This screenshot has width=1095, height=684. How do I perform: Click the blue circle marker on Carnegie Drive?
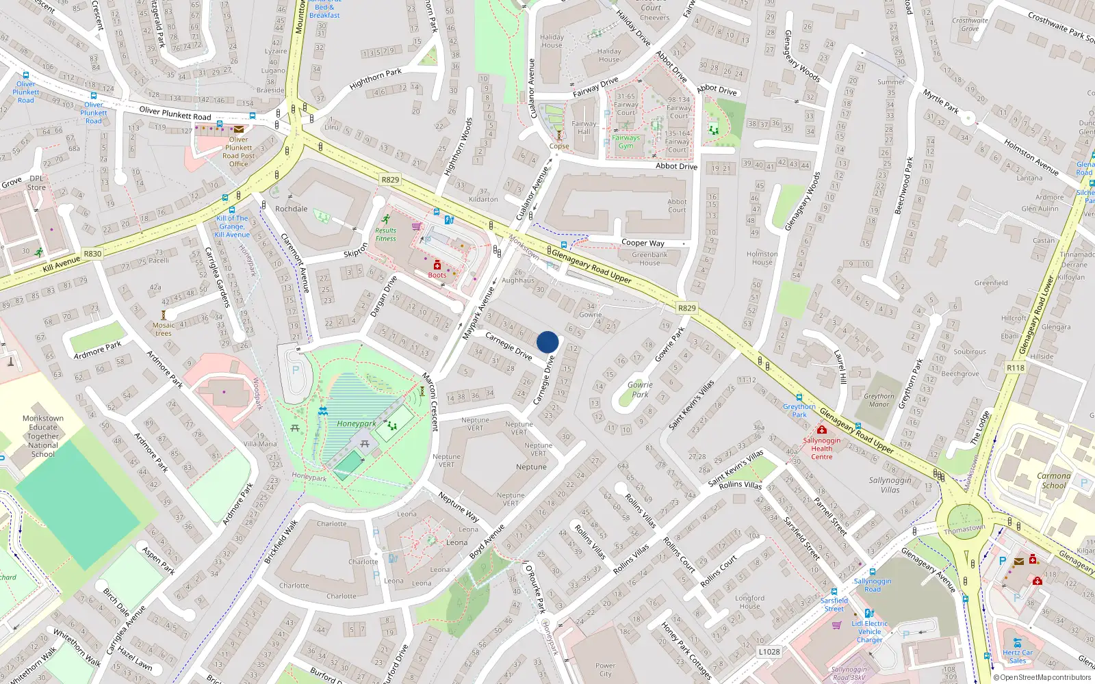tap(547, 342)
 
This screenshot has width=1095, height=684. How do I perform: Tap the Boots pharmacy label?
tap(437, 275)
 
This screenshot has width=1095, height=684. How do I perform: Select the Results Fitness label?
tap(385, 235)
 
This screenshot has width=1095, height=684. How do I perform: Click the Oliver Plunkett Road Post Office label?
tap(238, 152)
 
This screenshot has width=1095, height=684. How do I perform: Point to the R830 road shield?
tap(92, 254)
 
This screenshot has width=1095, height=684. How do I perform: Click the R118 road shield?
tap(1016, 368)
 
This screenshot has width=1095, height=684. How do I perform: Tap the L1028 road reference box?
tap(769, 652)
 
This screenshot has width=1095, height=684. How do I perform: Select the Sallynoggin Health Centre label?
tap(821, 449)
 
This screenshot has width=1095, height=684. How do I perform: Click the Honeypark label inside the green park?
tap(356, 424)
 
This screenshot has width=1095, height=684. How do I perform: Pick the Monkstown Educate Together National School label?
tap(43, 436)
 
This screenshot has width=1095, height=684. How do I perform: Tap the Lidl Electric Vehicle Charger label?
tap(869, 632)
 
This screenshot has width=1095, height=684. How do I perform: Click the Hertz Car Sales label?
tap(1018, 657)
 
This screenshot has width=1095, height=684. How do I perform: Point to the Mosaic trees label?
tap(164, 329)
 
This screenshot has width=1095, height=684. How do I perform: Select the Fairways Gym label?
tap(626, 142)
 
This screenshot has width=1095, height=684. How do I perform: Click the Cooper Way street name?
tap(643, 243)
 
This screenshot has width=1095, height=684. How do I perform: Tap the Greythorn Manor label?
tap(879, 400)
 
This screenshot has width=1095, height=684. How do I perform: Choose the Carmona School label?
tap(1054, 480)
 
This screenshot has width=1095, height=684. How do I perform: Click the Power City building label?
tap(605, 670)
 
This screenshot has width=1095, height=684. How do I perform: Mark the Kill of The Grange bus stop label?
tap(232, 226)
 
